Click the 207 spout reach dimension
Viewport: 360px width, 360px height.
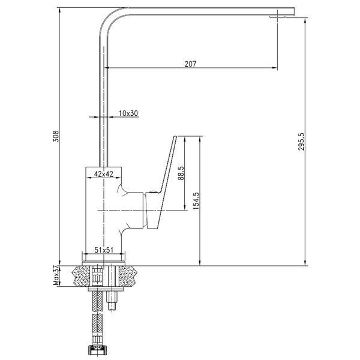(x=190, y=64)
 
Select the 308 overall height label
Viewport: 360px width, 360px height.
(x=56, y=136)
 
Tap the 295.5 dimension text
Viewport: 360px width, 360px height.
(x=301, y=142)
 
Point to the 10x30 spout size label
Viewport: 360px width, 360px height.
(x=128, y=113)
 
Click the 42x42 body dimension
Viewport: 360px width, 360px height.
(x=104, y=174)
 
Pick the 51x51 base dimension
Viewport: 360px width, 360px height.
(x=104, y=250)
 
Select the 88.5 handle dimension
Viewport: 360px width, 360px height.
(x=181, y=173)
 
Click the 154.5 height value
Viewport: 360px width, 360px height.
(x=196, y=200)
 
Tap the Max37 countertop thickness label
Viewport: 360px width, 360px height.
(x=56, y=276)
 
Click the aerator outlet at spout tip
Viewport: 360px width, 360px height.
(x=277, y=17)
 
